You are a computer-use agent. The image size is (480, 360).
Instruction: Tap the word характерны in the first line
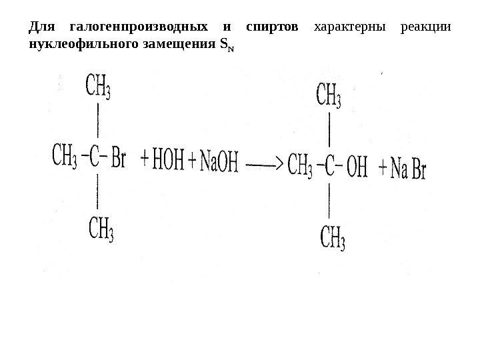point(345,28)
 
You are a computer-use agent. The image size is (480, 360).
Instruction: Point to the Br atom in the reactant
point(117,161)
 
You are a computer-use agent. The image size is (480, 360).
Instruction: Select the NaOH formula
point(219,162)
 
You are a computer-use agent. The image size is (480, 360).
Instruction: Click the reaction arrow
point(265,163)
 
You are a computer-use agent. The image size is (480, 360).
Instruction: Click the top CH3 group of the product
point(328,94)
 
